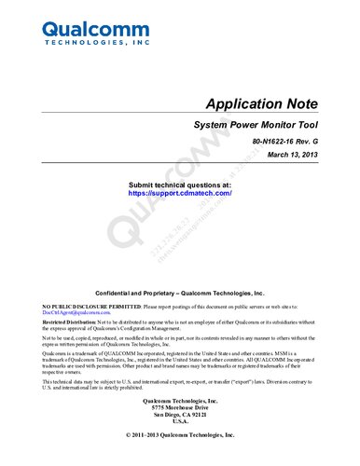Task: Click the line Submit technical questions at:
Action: click(x=179, y=185)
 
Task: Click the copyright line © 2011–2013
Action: click(x=180, y=435)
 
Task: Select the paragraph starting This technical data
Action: click(x=177, y=386)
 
